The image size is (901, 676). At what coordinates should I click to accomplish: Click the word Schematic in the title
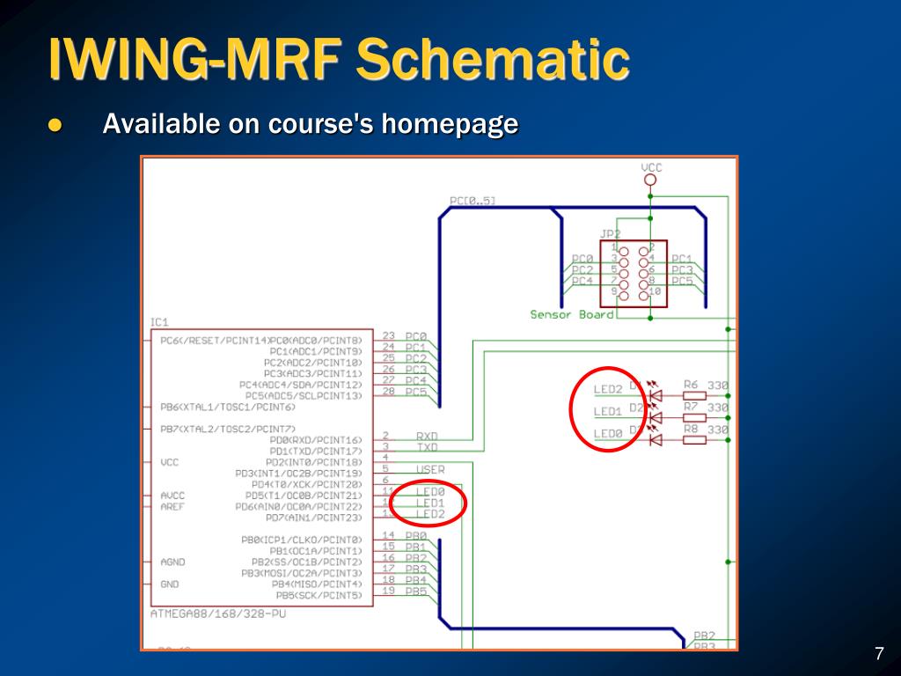click(x=494, y=60)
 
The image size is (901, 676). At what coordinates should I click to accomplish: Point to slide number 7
click(x=878, y=654)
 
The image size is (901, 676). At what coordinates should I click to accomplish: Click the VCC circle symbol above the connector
click(x=650, y=180)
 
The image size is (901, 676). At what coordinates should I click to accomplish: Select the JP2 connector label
click(x=610, y=234)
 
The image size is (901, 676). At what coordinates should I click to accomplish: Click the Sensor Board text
click(x=572, y=314)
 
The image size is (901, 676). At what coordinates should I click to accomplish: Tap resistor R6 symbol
click(x=694, y=395)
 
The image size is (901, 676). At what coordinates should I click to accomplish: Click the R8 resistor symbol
click(x=694, y=439)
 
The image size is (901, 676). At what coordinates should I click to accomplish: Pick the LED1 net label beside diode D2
click(x=608, y=411)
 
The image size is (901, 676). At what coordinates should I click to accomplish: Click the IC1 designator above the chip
click(x=159, y=322)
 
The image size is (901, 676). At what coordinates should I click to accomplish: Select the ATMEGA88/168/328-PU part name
click(x=218, y=614)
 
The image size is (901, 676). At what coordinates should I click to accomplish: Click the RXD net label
click(x=427, y=436)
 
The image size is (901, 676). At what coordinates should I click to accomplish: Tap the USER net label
click(x=430, y=470)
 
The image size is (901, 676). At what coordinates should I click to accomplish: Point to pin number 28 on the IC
click(x=388, y=391)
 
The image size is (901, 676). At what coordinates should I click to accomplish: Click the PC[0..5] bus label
click(x=472, y=201)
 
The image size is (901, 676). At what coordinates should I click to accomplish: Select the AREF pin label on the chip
click(x=172, y=506)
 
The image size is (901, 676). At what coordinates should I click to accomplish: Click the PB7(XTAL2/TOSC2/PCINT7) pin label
click(x=228, y=429)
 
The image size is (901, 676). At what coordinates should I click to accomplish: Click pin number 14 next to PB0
click(x=388, y=535)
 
